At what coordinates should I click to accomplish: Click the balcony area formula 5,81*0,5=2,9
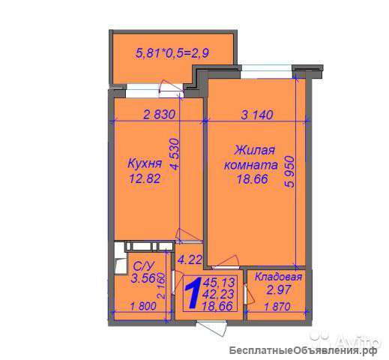pyautogui.click(x=172, y=53)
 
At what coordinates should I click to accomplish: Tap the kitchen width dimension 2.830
pyautogui.click(x=160, y=115)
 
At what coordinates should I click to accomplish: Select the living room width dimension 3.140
pyautogui.click(x=257, y=115)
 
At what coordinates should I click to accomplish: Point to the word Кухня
pyautogui.click(x=145, y=163)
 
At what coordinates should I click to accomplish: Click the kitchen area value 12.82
pyautogui.click(x=145, y=178)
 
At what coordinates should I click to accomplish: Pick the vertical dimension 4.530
pyautogui.click(x=175, y=154)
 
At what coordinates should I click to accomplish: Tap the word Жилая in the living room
pyautogui.click(x=255, y=151)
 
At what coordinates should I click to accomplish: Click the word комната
pyautogui.click(x=251, y=165)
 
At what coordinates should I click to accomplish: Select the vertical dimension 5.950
pyautogui.click(x=289, y=172)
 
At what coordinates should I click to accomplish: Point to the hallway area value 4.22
pyautogui.click(x=190, y=259)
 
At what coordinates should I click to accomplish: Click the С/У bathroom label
pyautogui.click(x=144, y=266)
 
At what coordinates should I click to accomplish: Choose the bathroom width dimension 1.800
pyautogui.click(x=143, y=306)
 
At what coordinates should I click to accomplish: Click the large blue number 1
pyautogui.click(x=193, y=292)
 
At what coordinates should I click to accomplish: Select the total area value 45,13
pyautogui.click(x=219, y=283)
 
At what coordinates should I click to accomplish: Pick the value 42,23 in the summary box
pyautogui.click(x=218, y=294)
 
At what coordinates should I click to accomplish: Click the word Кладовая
pyautogui.click(x=278, y=277)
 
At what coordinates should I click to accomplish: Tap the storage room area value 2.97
pyautogui.click(x=279, y=289)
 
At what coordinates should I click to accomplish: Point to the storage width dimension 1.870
pyautogui.click(x=277, y=306)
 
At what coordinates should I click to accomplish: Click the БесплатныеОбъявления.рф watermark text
pyautogui.click(x=304, y=350)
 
